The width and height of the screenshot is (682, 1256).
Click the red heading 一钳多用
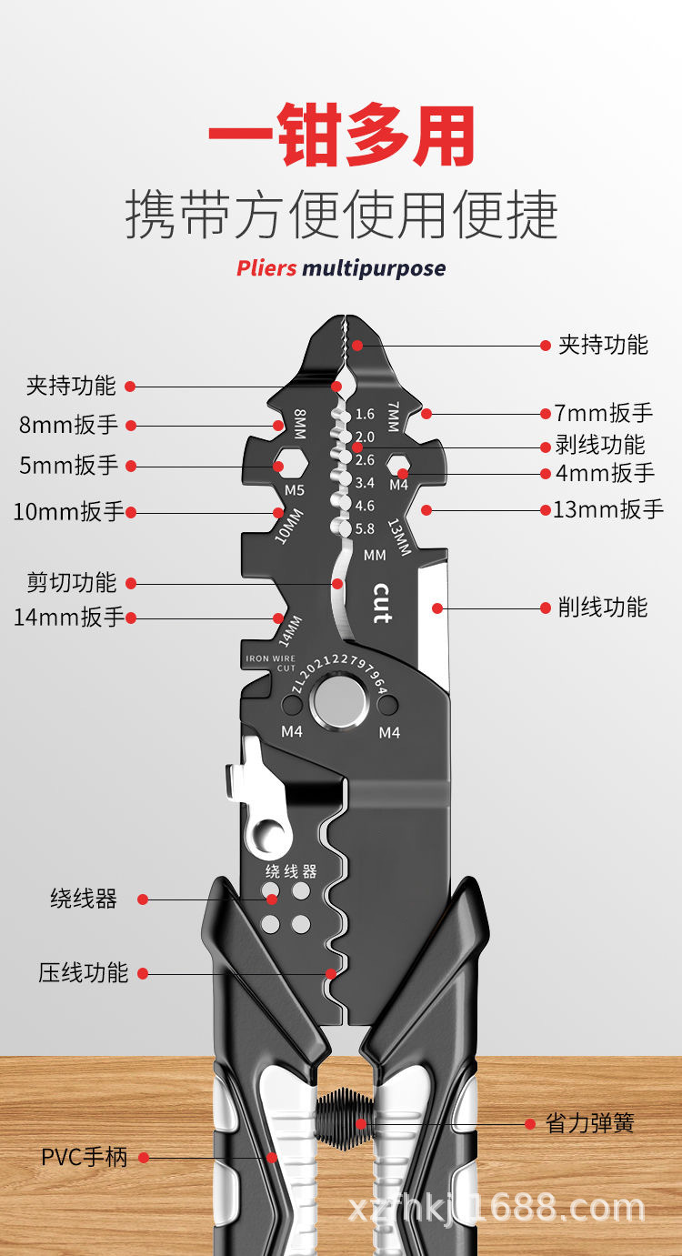341,136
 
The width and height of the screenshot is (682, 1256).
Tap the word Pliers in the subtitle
266,268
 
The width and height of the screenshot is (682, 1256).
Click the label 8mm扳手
69,425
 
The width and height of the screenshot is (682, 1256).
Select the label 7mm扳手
604,413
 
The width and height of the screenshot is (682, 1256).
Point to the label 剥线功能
600,445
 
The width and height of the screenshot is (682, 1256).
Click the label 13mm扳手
608,509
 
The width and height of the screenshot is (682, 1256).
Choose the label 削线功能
603,607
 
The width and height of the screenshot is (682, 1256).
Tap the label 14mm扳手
68,618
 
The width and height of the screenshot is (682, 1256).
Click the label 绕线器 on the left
84,899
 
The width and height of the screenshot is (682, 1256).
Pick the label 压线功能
84,972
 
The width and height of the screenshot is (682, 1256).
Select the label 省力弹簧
589,1123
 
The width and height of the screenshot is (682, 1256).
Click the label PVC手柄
84,1158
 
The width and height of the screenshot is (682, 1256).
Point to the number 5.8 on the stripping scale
365,528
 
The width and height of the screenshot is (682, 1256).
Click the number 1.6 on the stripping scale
365,414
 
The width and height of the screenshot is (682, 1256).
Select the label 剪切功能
72,582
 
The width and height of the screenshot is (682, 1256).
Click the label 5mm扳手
69,466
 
